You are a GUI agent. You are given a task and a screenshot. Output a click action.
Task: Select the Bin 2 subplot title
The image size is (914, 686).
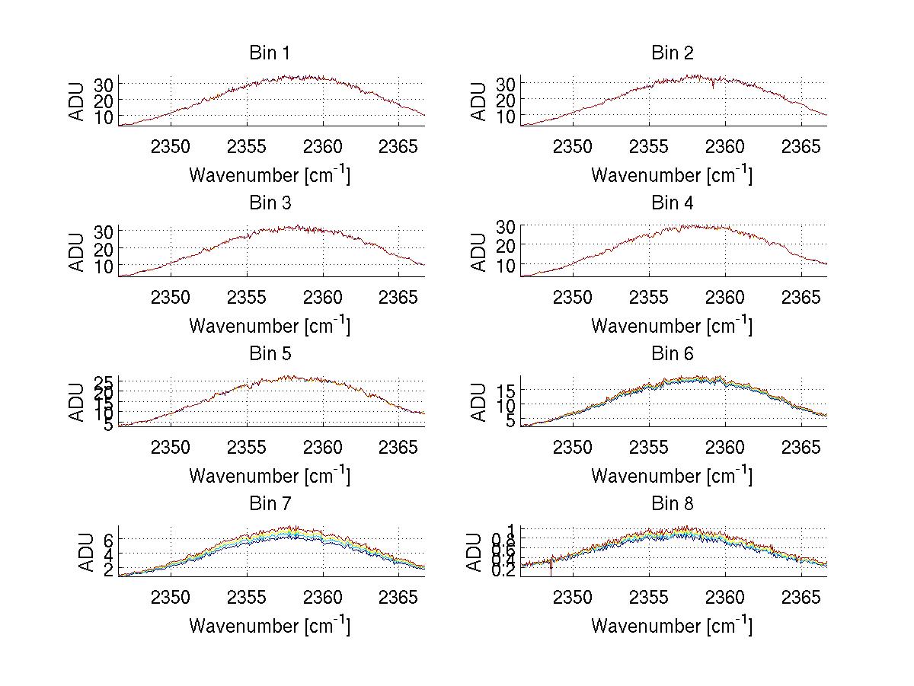tap(671, 53)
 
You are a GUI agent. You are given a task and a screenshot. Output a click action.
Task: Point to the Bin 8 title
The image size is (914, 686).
tap(671, 504)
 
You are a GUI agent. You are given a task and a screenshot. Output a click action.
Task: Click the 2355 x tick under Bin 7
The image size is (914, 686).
tap(247, 596)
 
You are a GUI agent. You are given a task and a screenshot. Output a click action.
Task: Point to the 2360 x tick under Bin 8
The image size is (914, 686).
tap(724, 596)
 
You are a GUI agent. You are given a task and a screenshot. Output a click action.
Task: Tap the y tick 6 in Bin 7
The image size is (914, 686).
tap(107, 538)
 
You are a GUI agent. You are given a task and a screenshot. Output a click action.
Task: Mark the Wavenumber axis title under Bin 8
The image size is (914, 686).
tap(671, 625)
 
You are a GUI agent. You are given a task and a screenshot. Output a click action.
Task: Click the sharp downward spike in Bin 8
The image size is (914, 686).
tap(551, 570)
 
